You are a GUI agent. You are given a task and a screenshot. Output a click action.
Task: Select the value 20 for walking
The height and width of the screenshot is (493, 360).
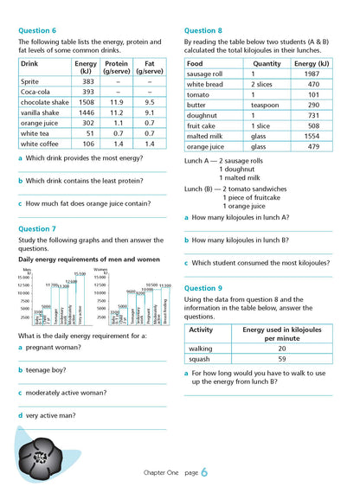click(x=281, y=349)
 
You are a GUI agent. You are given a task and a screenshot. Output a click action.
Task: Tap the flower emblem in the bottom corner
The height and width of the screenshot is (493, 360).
click(x=41, y=451)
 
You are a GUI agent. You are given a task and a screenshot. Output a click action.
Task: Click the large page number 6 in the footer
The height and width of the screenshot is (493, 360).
click(x=204, y=473)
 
